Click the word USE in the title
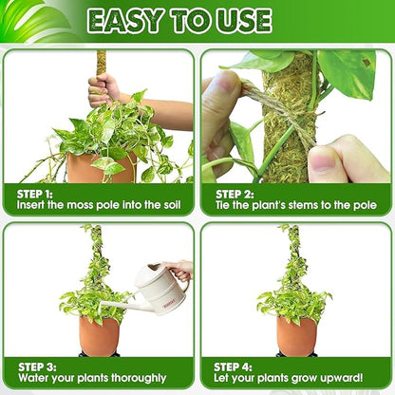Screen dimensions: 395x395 click(240, 20)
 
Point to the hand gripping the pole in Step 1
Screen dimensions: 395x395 click(103, 90)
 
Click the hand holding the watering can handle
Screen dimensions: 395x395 click(179, 270)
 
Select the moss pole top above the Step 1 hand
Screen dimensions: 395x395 click(101, 61)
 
